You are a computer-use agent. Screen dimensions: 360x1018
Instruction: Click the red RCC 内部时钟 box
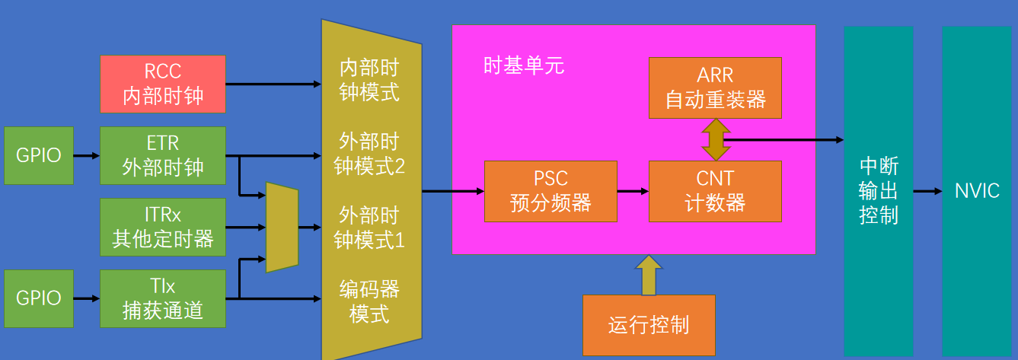tap(163, 84)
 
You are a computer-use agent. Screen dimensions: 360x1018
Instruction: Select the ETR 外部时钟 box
tap(163, 155)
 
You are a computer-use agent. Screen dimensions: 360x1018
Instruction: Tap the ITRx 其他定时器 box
tap(163, 227)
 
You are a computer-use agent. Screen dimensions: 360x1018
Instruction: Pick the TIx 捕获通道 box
tap(163, 298)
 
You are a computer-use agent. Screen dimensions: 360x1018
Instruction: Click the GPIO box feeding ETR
tap(39, 155)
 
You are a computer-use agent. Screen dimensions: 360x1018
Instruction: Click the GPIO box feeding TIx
tap(39, 298)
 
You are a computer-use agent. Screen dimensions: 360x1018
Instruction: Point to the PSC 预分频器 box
tap(550, 191)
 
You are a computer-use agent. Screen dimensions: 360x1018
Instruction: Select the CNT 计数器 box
tap(715, 191)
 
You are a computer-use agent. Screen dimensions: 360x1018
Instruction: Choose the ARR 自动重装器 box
tap(715, 88)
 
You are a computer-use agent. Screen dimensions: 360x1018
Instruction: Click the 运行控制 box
tap(649, 325)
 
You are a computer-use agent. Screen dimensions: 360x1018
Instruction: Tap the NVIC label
tap(977, 190)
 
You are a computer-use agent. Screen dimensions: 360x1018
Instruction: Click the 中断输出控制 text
tap(879, 190)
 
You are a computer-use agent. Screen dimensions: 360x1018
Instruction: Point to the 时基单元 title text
tap(524, 65)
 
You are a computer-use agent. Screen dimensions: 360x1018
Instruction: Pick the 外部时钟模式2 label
tap(369, 154)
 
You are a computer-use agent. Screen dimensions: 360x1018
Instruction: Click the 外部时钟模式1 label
tap(369, 228)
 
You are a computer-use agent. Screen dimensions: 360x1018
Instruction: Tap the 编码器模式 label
tap(369, 301)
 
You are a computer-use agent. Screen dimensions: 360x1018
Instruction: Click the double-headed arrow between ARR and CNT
tap(715, 139)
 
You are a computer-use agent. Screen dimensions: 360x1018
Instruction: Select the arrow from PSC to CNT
tap(633, 191)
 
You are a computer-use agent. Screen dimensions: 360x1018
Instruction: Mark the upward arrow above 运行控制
tap(649, 275)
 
